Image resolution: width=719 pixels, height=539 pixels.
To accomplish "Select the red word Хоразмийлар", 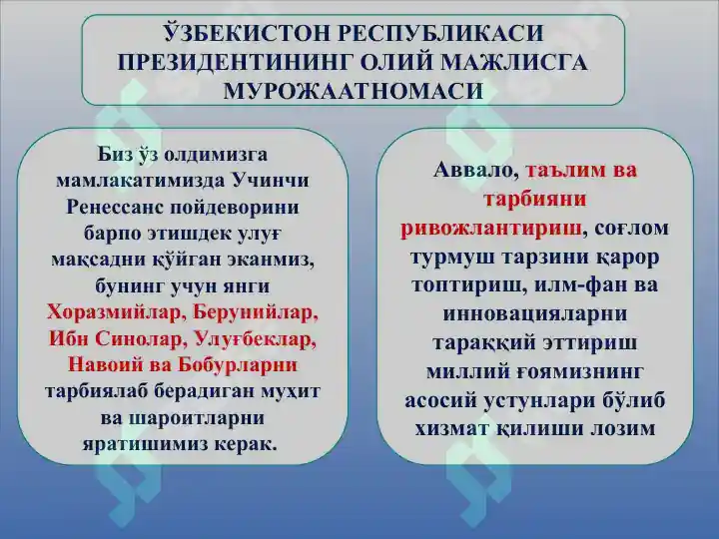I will point(115,311).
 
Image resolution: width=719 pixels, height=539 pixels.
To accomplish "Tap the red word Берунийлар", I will point(256,311).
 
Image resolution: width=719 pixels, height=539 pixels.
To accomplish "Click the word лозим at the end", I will point(623,428).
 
